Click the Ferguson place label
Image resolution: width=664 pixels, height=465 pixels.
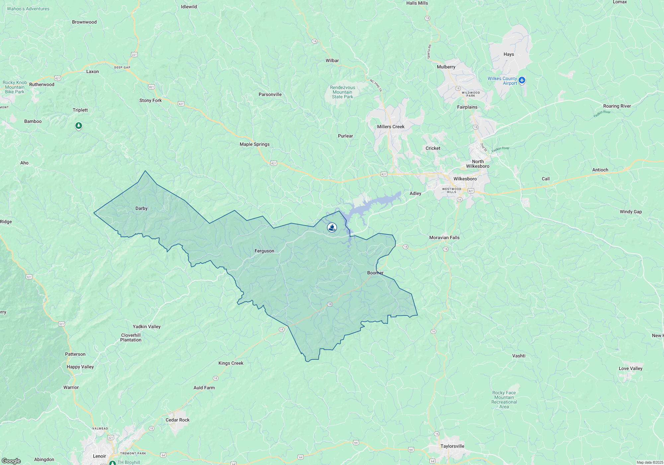(x=264, y=251)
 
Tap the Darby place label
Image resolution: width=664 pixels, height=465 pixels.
(x=141, y=208)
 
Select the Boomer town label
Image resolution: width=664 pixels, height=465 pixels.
(x=375, y=273)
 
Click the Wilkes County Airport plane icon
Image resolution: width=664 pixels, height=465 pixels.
(x=522, y=80)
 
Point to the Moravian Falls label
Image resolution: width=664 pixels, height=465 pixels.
(x=444, y=237)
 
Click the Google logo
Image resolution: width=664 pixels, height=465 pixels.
(x=11, y=461)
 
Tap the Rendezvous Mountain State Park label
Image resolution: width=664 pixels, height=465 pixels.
(x=343, y=92)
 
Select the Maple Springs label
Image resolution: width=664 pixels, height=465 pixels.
(x=255, y=144)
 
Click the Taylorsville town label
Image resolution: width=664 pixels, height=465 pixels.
(x=452, y=446)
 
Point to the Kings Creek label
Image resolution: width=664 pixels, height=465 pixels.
(x=231, y=363)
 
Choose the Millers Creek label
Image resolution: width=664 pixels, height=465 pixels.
(x=391, y=127)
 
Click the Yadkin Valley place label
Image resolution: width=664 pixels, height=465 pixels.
(x=146, y=326)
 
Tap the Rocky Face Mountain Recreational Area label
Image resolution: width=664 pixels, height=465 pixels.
(x=504, y=400)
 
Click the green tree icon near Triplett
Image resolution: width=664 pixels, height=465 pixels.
(x=79, y=126)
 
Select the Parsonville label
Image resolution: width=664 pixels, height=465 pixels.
(x=270, y=94)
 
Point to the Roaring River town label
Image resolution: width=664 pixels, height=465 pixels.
(x=617, y=106)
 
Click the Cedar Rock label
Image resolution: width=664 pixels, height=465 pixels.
(x=177, y=420)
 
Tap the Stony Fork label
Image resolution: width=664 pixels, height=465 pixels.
(x=150, y=100)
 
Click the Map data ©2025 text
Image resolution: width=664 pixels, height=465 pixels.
(x=650, y=462)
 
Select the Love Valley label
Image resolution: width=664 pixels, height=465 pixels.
(x=630, y=368)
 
